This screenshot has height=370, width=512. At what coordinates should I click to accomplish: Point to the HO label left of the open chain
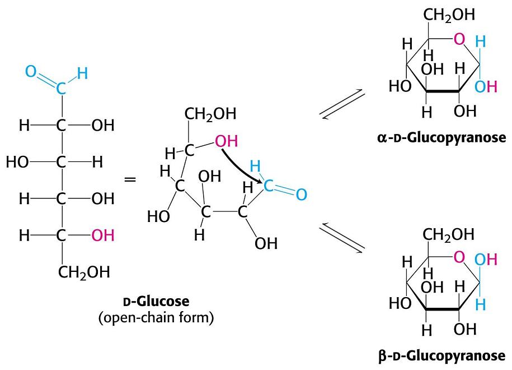(x=17, y=163)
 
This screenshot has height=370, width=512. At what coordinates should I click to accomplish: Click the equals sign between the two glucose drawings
(x=130, y=180)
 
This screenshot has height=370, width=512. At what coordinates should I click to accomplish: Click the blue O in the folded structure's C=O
(x=301, y=195)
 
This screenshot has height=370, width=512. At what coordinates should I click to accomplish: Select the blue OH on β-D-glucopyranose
(x=486, y=258)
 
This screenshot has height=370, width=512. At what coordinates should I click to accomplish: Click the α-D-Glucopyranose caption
(x=441, y=137)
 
